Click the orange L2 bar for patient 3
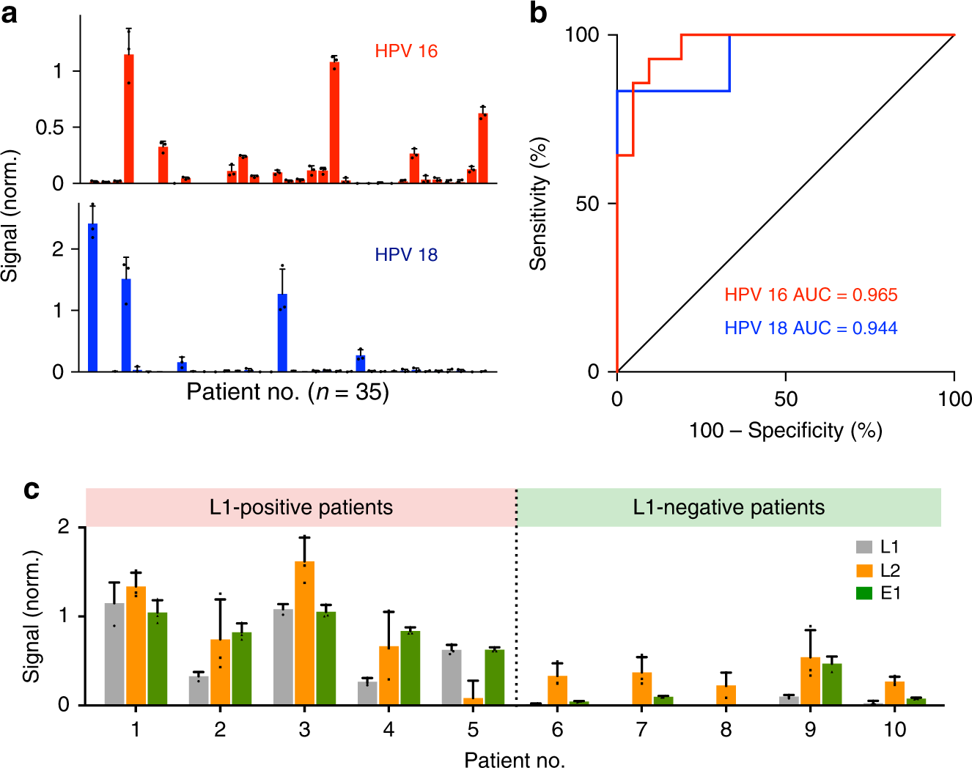[x=304, y=634]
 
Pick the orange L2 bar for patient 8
[x=726, y=695]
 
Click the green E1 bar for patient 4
[x=410, y=668]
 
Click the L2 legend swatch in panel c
[x=864, y=570]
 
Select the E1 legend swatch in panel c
[x=864, y=593]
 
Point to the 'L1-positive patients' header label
[x=301, y=507]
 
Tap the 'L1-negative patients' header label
[x=729, y=507]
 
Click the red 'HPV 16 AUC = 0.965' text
[x=811, y=295]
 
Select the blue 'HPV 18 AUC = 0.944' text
[x=811, y=328]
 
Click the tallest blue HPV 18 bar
[x=92, y=298]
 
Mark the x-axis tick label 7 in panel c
[x=641, y=729]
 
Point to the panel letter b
[x=539, y=13]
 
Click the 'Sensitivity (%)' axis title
[x=539, y=204]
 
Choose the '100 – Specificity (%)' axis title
[x=785, y=430]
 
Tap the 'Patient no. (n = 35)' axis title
[x=287, y=392]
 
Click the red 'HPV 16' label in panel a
[x=406, y=51]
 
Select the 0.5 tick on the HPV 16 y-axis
[x=50, y=128]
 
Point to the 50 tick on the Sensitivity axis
[x=587, y=204]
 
